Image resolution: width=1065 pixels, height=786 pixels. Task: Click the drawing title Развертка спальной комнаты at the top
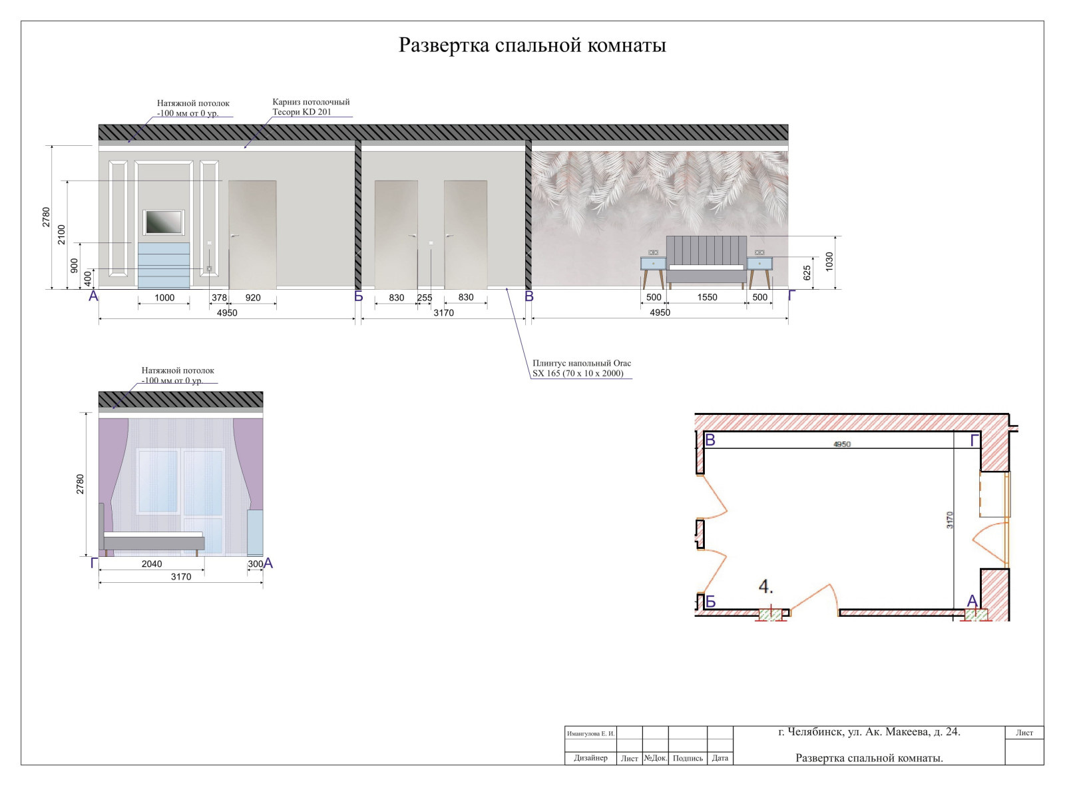point(532,45)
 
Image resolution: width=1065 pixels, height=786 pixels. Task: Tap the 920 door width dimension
point(253,298)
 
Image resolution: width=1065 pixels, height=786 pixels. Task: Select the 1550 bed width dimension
point(707,297)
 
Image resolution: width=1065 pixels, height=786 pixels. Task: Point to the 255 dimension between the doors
point(425,298)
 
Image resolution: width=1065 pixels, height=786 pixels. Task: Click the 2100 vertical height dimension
point(62,234)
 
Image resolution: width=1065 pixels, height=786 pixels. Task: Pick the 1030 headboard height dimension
point(829,262)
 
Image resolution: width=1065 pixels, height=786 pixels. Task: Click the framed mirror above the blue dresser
point(164,222)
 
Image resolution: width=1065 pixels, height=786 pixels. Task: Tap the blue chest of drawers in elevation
point(164,264)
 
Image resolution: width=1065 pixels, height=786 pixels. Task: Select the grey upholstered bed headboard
point(706,250)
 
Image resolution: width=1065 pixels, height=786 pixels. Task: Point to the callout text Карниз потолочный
point(311,102)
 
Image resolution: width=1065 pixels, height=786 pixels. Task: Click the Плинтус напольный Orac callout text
point(582,363)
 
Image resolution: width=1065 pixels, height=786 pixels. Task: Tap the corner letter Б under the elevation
point(358,296)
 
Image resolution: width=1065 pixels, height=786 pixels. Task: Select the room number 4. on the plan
point(765,587)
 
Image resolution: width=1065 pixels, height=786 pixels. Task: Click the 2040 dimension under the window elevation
point(152,564)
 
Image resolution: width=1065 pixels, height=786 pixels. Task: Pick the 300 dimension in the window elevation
point(256,564)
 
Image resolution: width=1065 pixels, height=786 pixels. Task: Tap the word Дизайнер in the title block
point(591,758)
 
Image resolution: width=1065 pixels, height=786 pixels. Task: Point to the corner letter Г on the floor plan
point(974,440)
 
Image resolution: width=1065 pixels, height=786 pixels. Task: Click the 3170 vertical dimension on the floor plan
point(950,520)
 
